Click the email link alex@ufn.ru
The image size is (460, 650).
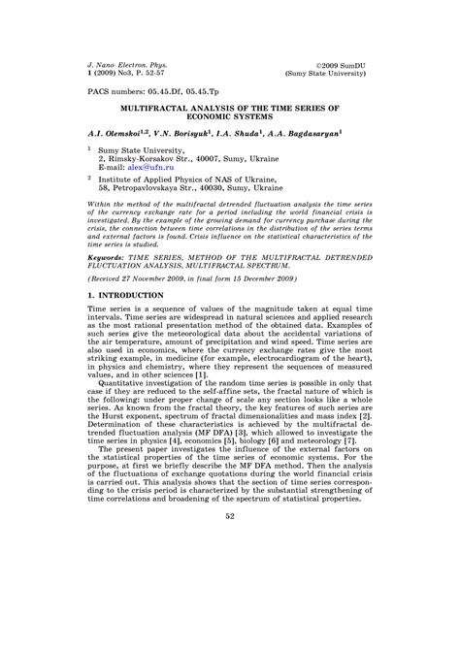pyautogui.click(x=156, y=168)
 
